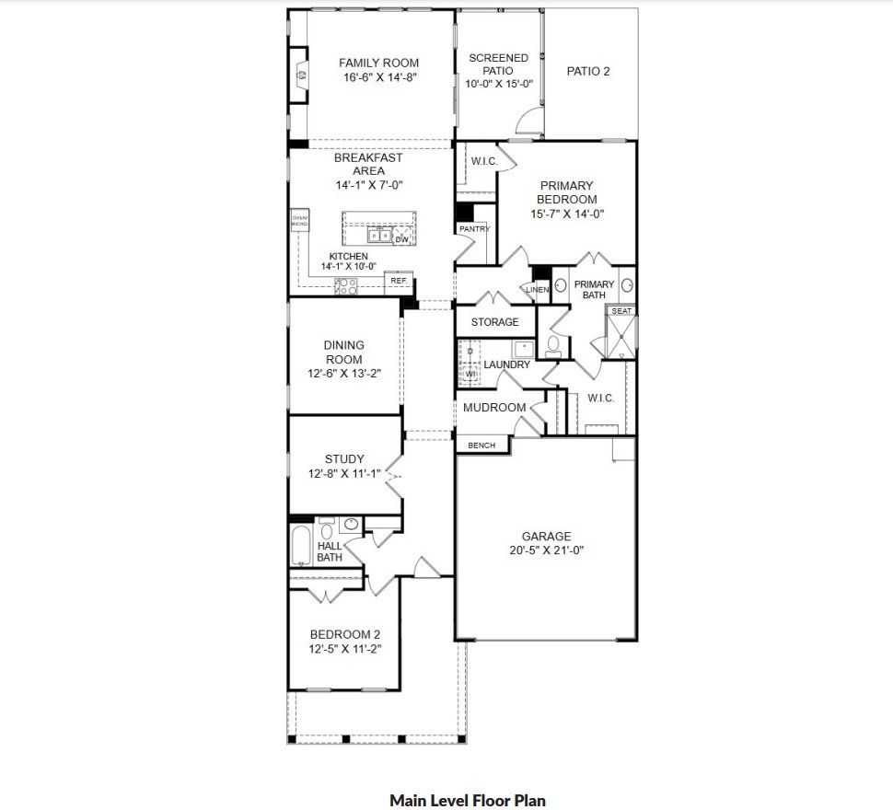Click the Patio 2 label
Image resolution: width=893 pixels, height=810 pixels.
pos(588,71)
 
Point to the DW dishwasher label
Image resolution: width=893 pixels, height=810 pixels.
pos(401,239)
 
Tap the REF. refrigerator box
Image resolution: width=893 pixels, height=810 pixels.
pos(399,281)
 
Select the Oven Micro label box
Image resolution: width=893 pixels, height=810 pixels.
pos(299,221)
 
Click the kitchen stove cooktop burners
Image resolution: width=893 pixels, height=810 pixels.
pos(346,286)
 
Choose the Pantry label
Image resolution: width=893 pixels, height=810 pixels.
pos(474,228)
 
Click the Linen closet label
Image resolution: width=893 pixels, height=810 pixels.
pos(538,290)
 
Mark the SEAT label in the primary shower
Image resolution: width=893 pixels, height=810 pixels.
pos(621,311)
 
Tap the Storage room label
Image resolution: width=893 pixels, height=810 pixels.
pos(494,322)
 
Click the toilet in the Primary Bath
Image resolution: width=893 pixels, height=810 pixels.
pos(553,344)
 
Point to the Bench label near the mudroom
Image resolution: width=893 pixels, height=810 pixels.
pos(481,445)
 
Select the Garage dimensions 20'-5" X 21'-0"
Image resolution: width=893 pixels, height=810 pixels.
pos(546,550)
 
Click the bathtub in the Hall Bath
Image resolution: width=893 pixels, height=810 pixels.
pos(300,546)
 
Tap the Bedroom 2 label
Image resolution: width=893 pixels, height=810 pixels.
pos(344,634)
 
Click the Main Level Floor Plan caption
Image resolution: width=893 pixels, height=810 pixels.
pos(467,800)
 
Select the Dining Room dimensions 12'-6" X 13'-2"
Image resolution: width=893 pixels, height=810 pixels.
pos(343,374)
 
